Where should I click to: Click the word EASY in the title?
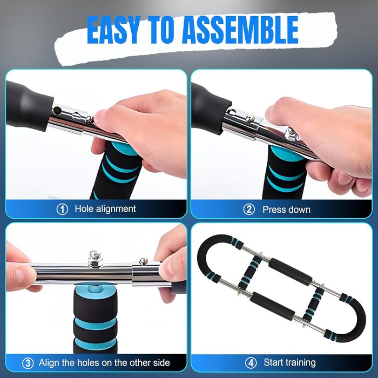click(x=113, y=30)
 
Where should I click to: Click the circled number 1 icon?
click(x=62, y=210)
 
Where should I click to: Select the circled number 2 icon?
click(x=249, y=210)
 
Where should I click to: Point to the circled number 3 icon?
click(x=28, y=363)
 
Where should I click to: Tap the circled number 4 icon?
click(x=251, y=363)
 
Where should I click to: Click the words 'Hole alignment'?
click(x=105, y=209)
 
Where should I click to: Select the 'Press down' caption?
click(x=286, y=210)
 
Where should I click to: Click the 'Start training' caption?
click(x=290, y=362)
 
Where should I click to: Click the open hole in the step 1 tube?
click(x=58, y=110)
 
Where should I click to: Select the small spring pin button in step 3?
click(x=144, y=260)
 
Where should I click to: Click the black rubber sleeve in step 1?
click(x=27, y=106)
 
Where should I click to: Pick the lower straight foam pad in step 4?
click(x=272, y=306)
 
